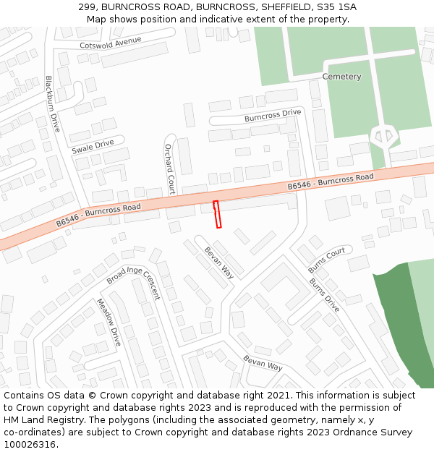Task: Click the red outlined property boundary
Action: pyautogui.click(x=217, y=215)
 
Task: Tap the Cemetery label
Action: pyautogui.click(x=341, y=77)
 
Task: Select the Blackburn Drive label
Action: pyautogui.click(x=54, y=103)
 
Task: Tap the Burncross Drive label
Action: pyautogui.click(x=272, y=115)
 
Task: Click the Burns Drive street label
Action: pyautogui.click(x=324, y=295)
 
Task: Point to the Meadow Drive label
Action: pyautogui.click(x=109, y=323)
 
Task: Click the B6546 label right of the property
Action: pyautogui.click(x=330, y=182)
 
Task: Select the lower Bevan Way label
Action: pyautogui.click(x=263, y=363)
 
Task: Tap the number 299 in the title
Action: pyautogui.click(x=88, y=7)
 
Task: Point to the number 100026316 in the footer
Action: pyautogui.click(x=31, y=444)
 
